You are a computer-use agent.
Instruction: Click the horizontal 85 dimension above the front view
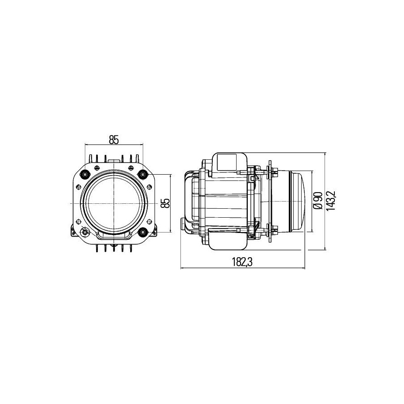click(114, 140)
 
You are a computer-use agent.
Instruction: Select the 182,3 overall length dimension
click(242, 262)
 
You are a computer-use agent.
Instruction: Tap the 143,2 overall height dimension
click(330, 201)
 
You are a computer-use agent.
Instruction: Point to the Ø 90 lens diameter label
click(318, 201)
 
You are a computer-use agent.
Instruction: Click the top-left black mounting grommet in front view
click(85, 175)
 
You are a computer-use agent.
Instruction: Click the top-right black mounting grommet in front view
click(142, 175)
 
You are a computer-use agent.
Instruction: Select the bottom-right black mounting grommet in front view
click(142, 232)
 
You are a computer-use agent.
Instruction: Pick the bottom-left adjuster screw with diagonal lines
click(85, 232)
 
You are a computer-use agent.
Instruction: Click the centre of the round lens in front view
click(114, 203)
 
